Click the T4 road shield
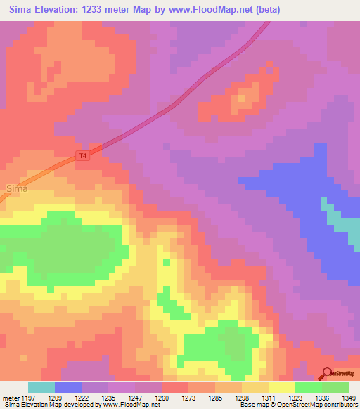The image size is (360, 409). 84,156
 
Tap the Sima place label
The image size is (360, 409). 18,188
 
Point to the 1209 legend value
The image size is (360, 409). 55,398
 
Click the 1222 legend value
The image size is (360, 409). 82,398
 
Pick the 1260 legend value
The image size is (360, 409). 162,398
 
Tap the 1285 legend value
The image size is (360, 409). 215,398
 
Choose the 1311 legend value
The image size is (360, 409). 269,398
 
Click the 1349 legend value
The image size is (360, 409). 349,398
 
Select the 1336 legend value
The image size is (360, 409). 322,398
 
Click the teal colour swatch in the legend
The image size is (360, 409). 41,387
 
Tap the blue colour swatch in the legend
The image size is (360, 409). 68,387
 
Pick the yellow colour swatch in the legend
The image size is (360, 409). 282,387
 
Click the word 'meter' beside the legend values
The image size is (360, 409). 10,398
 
